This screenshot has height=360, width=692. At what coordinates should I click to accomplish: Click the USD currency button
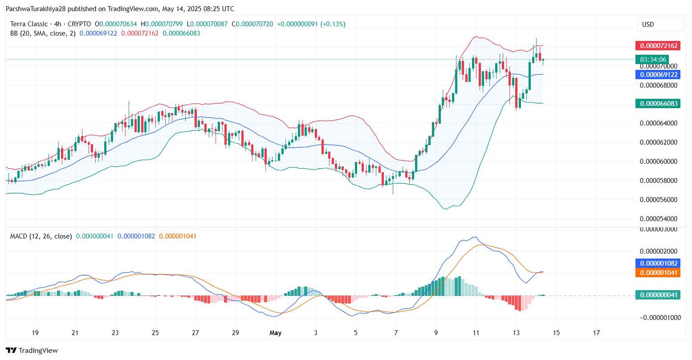(x=660, y=24)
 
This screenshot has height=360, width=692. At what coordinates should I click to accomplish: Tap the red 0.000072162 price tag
(x=658, y=46)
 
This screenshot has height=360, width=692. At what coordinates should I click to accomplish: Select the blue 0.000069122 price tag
(x=658, y=75)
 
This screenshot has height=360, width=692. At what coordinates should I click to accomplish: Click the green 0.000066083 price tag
(x=658, y=104)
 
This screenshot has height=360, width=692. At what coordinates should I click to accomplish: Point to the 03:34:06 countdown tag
(x=653, y=59)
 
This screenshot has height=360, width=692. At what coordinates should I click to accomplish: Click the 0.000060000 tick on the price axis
(x=658, y=162)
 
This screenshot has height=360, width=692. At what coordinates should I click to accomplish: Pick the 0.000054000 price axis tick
(x=658, y=219)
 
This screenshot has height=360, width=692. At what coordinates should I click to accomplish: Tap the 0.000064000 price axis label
(x=658, y=123)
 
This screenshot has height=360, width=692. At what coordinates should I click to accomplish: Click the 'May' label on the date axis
(x=276, y=333)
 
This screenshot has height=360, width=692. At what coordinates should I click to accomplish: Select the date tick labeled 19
(x=35, y=333)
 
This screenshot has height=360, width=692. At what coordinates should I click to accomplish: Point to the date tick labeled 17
(x=596, y=333)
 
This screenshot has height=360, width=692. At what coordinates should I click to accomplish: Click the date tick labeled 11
(x=476, y=333)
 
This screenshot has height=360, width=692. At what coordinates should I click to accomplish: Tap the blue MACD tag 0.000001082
(x=658, y=263)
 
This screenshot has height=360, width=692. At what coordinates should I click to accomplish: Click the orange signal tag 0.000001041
(x=658, y=272)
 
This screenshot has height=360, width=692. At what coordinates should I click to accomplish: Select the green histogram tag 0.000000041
(x=658, y=295)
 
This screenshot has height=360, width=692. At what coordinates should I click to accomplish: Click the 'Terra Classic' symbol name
(x=29, y=24)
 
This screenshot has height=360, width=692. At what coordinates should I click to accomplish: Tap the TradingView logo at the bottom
(x=32, y=351)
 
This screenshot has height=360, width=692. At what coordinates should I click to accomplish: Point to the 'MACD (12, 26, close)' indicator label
(x=41, y=236)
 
